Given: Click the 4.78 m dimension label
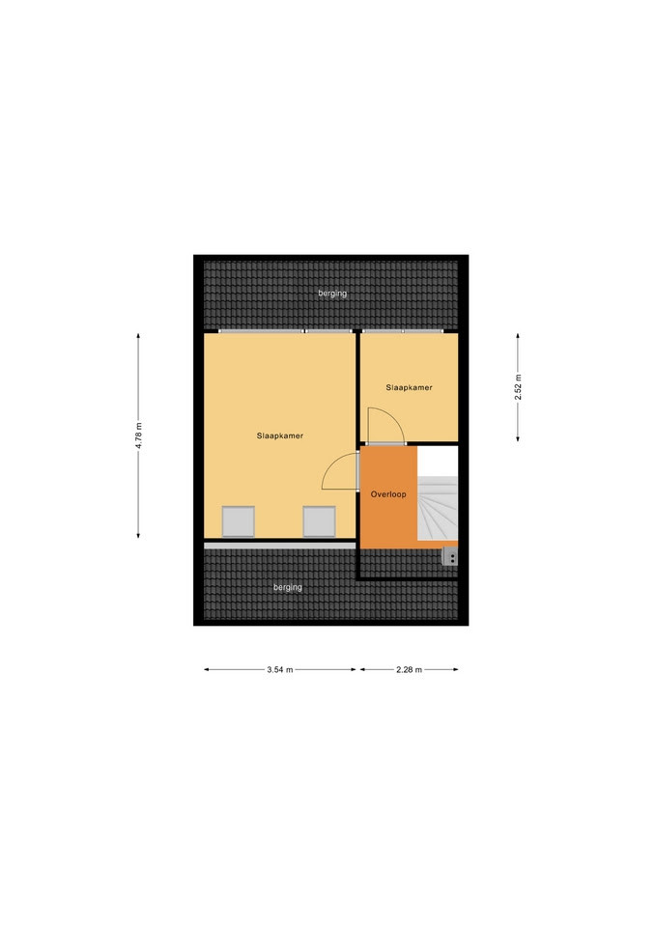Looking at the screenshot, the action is pos(138,435).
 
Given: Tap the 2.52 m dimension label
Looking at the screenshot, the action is pos(518,387).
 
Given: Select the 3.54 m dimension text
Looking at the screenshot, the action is pos(280,670).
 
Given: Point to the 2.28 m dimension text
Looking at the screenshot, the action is pos(409,670).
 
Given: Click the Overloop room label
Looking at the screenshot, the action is pos(388,494).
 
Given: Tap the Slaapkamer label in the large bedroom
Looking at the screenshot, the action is pos(280,435).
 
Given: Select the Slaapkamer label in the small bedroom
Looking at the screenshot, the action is pos(409,388).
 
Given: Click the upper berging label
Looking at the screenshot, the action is pos(332,294).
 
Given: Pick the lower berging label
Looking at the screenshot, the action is pos(288,587).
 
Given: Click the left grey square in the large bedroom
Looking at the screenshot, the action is pos(239,521).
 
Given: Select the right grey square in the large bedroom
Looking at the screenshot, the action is pos(320,521).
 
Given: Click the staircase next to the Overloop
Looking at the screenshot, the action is pos(438,509).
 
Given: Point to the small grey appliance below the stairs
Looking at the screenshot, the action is pos(450,557).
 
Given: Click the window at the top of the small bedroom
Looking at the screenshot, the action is pos(403,331).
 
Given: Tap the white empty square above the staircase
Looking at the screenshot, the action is pos(438,462).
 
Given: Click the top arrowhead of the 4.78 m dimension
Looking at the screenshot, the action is pos(138,336).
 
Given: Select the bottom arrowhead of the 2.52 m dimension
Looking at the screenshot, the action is pos(518,438).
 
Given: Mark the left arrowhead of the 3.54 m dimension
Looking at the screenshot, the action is pos(207,670).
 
